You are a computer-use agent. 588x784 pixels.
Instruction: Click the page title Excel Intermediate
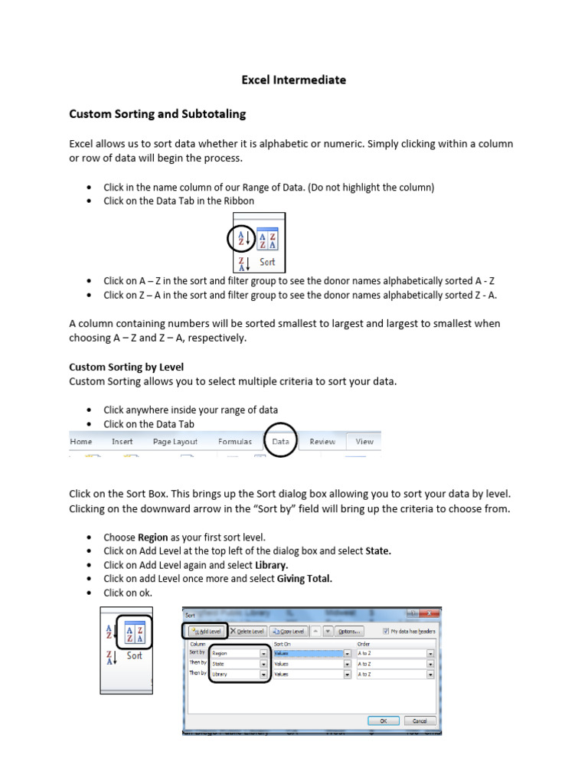(294, 80)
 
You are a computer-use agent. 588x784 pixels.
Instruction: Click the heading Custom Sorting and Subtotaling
(158, 114)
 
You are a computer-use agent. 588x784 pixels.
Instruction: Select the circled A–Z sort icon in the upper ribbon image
(241, 240)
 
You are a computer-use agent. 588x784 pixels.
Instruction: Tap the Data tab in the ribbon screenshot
(280, 442)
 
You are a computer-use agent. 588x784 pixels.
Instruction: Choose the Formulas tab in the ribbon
(234, 442)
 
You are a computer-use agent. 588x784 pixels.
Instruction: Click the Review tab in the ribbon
(322, 442)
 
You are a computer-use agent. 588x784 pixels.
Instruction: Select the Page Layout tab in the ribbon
(175, 442)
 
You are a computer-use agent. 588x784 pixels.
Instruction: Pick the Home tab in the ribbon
(81, 442)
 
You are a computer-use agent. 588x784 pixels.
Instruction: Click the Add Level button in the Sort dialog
(204, 631)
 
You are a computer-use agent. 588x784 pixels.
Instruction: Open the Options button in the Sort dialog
(348, 631)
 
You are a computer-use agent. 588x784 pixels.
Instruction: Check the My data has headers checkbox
(386, 631)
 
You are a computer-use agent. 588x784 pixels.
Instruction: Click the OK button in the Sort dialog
(383, 720)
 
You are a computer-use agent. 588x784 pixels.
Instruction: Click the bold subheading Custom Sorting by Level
(126, 367)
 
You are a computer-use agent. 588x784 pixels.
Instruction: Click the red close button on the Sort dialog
(433, 614)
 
